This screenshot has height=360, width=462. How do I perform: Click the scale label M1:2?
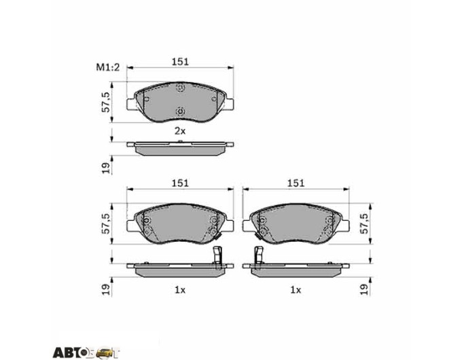click(x=107, y=67)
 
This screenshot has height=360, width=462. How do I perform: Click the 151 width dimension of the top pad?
click(x=180, y=62)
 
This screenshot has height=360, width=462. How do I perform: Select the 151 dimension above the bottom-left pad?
click(x=180, y=183)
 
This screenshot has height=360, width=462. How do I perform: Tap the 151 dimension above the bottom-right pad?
click(x=296, y=183)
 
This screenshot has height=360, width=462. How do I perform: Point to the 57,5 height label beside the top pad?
click(x=105, y=102)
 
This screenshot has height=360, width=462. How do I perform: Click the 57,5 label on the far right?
click(x=364, y=223)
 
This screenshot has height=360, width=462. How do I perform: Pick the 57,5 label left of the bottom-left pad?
click(x=105, y=223)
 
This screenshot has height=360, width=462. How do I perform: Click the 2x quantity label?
click(x=180, y=131)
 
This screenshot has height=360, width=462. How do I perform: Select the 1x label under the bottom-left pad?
click(x=180, y=290)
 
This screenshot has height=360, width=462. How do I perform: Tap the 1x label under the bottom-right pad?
click(x=296, y=290)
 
